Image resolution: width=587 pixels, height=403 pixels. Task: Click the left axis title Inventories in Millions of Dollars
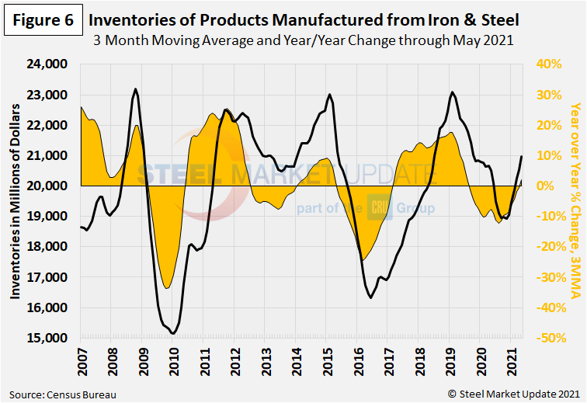(x=15, y=201)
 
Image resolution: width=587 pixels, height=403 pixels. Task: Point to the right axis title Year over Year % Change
(x=575, y=201)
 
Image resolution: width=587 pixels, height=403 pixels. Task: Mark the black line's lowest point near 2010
(x=173, y=333)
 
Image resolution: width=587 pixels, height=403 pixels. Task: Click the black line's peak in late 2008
(x=136, y=89)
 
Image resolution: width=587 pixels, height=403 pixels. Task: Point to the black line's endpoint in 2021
(x=521, y=156)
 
